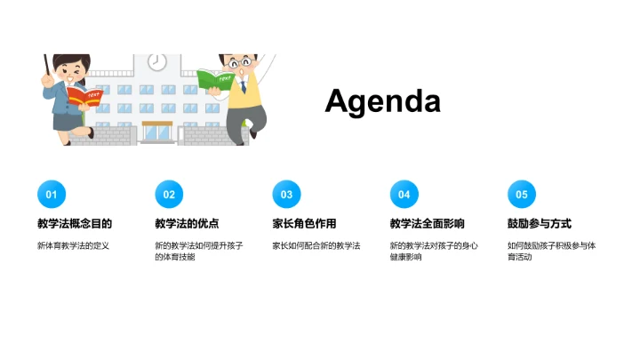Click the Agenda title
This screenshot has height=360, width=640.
382,101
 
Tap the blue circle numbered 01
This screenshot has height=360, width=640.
52,195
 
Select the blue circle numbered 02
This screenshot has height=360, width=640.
169,195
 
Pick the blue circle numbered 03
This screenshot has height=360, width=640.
286,195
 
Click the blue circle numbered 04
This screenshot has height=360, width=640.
404,195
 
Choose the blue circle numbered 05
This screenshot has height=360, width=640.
522,195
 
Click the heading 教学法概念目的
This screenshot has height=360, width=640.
75,224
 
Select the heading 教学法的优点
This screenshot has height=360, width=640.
187,224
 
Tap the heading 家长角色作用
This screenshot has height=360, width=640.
304,224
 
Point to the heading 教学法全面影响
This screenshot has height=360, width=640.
427,224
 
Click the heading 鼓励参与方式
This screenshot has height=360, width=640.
539,224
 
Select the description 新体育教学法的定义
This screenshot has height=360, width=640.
73,245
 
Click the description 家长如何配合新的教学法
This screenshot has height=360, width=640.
316,245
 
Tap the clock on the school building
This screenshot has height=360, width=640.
157,62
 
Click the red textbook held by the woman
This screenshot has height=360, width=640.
84,96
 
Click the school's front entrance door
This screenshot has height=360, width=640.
157,132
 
